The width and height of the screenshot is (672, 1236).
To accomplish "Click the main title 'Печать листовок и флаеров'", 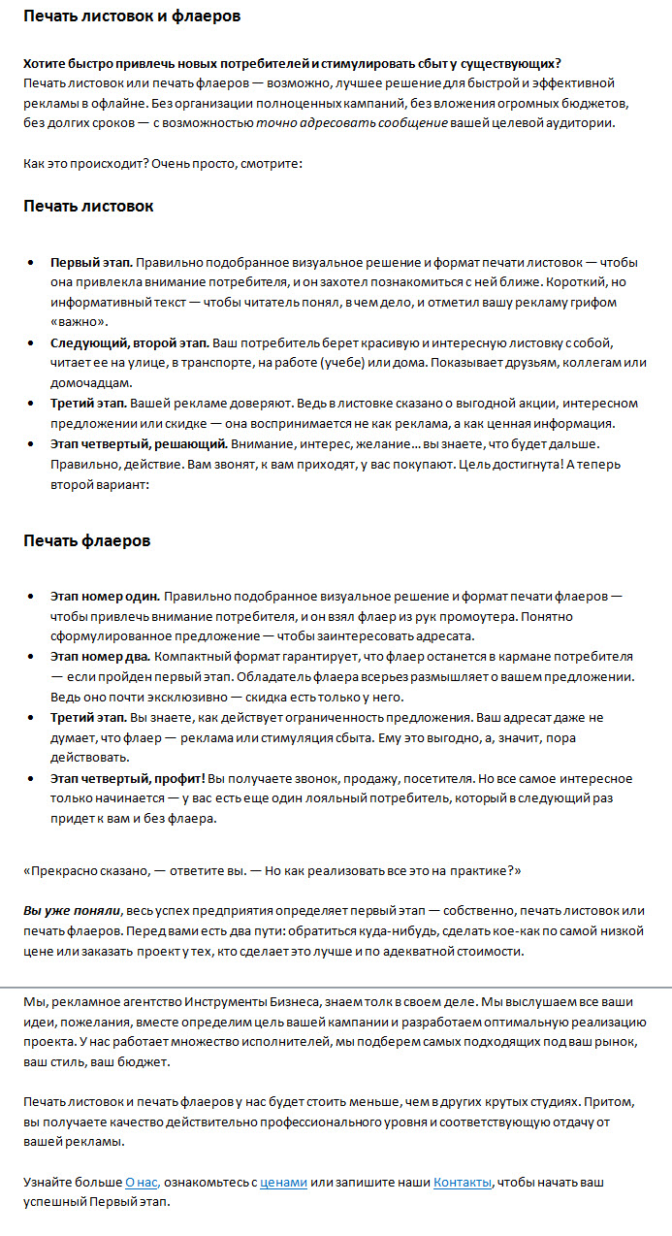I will click(132, 16).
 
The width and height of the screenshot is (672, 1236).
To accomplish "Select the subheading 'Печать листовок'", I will click(88, 207).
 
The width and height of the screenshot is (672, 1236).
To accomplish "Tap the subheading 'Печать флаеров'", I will click(86, 540).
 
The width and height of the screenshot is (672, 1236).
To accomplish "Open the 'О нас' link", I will click(142, 1183).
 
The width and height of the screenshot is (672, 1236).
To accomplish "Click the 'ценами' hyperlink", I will click(283, 1183).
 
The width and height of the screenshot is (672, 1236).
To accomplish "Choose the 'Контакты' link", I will click(463, 1183).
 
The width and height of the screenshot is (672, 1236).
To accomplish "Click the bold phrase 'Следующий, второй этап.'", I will click(130, 344).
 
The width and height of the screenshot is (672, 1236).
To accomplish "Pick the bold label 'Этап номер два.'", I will click(101, 656).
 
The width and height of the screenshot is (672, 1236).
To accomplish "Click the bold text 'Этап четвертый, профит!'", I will click(128, 778).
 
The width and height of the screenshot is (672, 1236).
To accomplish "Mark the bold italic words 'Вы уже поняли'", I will click(72, 910).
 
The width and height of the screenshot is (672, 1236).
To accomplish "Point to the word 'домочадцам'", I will click(85, 382).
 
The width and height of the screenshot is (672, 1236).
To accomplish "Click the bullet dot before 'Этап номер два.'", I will click(32, 657).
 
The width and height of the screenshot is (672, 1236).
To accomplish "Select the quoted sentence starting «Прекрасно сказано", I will click(272, 870).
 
